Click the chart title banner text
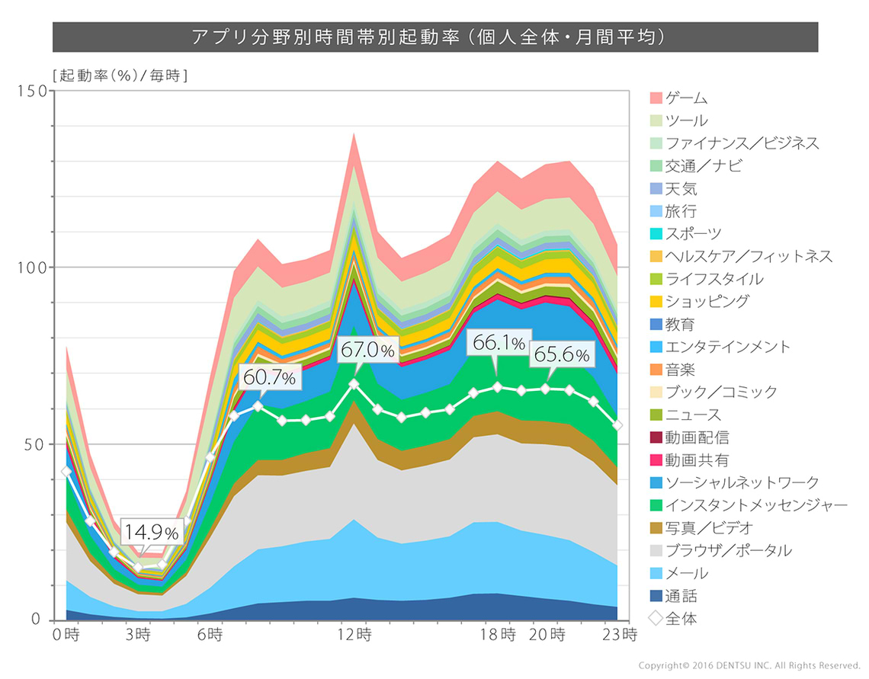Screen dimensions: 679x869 (434, 37)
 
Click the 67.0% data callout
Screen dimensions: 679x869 (368, 351)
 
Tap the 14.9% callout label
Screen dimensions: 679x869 (152, 532)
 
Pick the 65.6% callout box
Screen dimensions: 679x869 (561, 354)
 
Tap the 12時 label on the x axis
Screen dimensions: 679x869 (355, 634)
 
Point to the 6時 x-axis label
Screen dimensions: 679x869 (210, 634)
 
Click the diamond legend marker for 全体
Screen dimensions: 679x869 (656, 619)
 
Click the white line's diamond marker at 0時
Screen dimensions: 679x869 (66, 472)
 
